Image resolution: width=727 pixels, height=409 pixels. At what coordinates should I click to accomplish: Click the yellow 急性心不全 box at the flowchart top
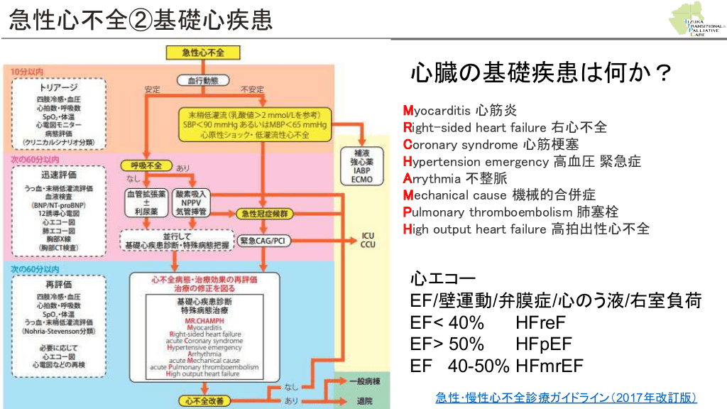(203, 53)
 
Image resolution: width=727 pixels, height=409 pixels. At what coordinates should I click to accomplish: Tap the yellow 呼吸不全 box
(146, 165)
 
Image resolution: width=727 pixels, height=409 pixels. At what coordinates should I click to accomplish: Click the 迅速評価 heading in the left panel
(59, 174)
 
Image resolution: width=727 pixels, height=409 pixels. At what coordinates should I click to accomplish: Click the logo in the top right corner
(696, 22)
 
